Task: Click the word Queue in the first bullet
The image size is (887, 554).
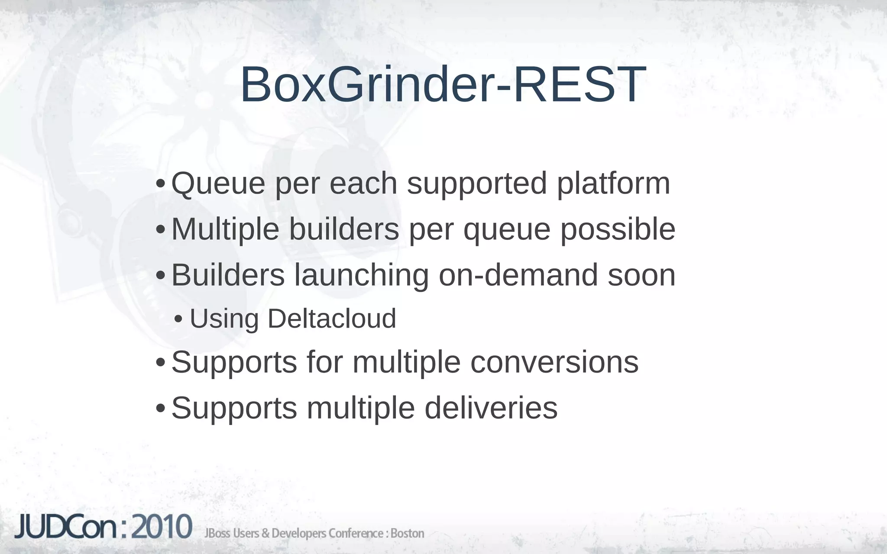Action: (218, 184)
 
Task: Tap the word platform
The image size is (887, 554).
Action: (613, 184)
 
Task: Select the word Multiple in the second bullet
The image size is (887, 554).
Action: (225, 229)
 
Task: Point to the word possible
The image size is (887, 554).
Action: (618, 229)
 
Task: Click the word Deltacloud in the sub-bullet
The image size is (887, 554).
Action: (332, 319)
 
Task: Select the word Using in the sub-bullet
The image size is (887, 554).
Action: (224, 319)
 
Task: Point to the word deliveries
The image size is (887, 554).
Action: (491, 408)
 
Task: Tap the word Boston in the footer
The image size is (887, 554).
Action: (407, 533)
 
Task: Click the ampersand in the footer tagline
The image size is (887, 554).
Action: (265, 533)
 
